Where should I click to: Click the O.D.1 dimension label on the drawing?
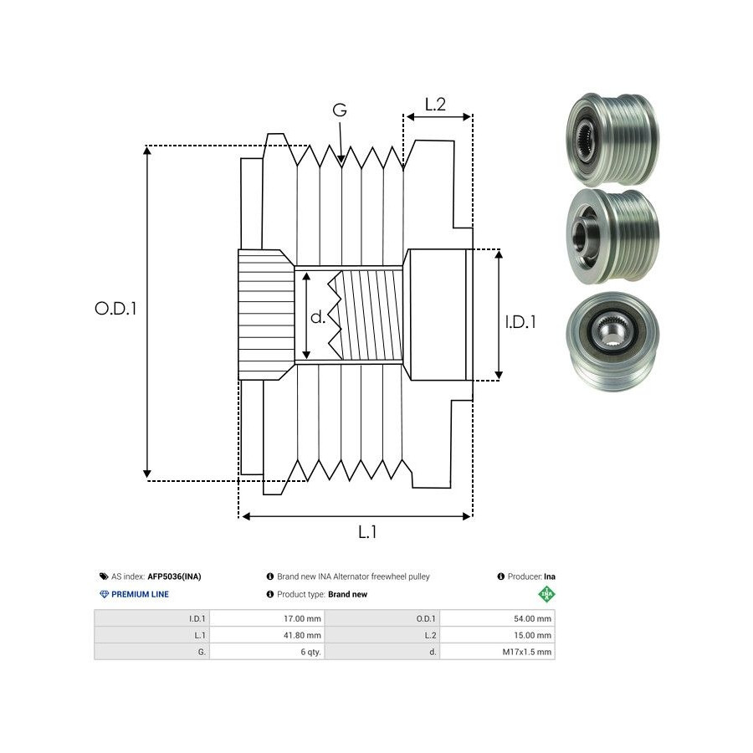point(115,309)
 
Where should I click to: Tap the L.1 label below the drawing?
point(367,531)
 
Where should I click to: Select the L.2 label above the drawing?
point(435,105)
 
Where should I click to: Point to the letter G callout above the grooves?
point(340,110)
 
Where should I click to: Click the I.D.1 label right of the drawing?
point(520,321)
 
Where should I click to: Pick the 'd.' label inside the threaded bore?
point(319,317)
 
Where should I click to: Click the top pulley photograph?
point(612,139)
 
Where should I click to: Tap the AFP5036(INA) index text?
point(174,576)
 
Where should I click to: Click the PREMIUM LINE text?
point(140,594)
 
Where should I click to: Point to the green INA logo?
point(546,595)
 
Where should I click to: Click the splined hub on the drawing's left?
point(265,315)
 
